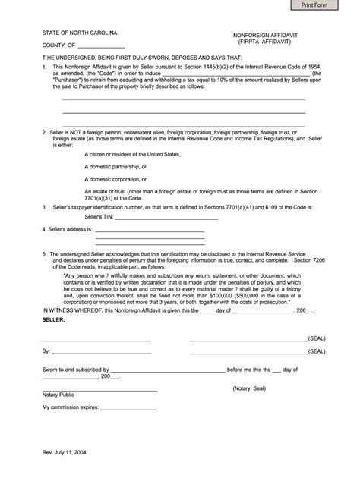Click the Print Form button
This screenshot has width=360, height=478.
tap(324, 7)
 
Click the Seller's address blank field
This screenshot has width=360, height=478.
tap(149, 230)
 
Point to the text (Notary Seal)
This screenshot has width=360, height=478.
tap(252, 387)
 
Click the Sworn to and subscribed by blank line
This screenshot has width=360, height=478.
tap(168, 370)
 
